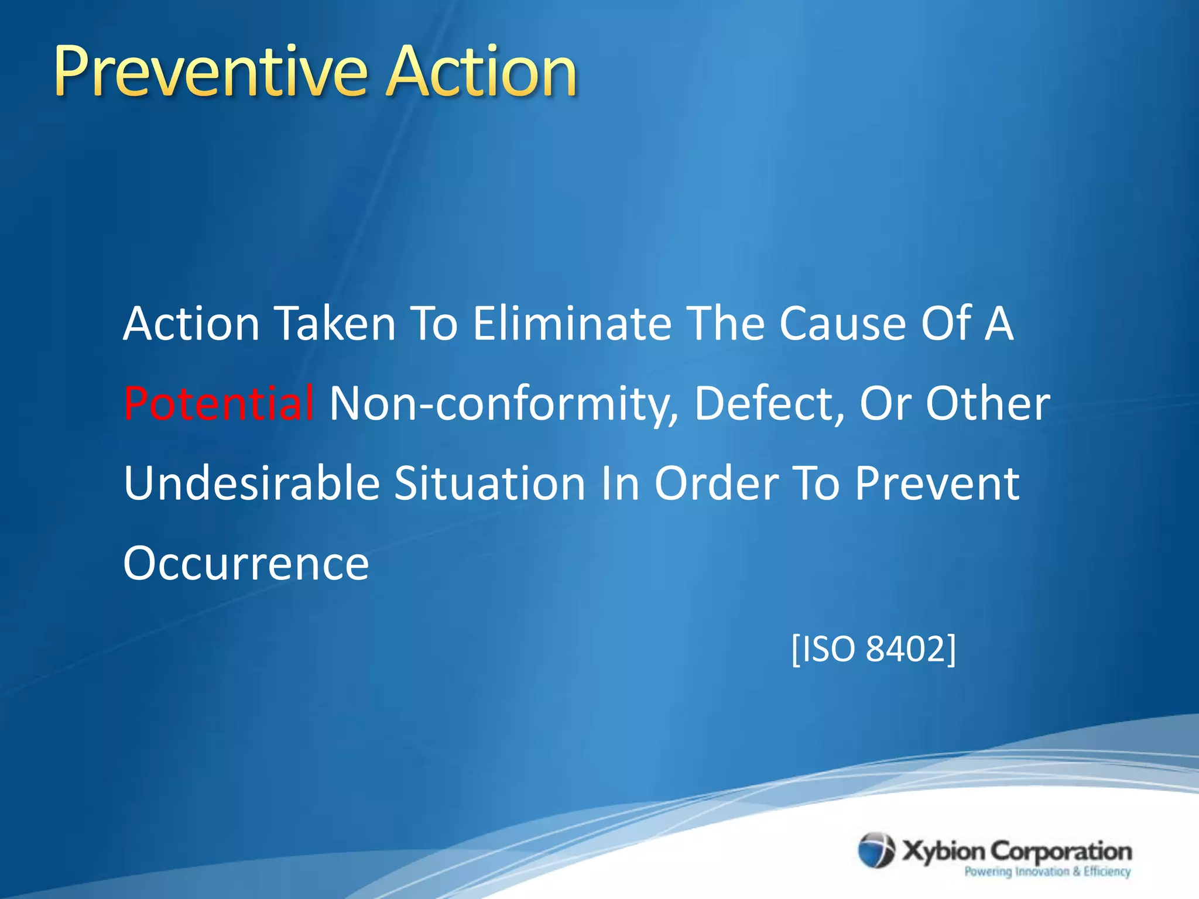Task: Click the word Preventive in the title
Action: coord(211,73)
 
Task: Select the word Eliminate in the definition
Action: coord(572,324)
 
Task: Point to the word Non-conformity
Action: coord(504,404)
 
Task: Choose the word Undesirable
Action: coord(252,483)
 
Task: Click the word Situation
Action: coord(489,483)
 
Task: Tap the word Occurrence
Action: coord(246,564)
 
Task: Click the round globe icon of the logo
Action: coord(876,850)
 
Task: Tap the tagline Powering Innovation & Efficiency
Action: coord(1047,871)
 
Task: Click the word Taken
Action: coord(335,324)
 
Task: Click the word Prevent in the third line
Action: coord(937,483)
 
